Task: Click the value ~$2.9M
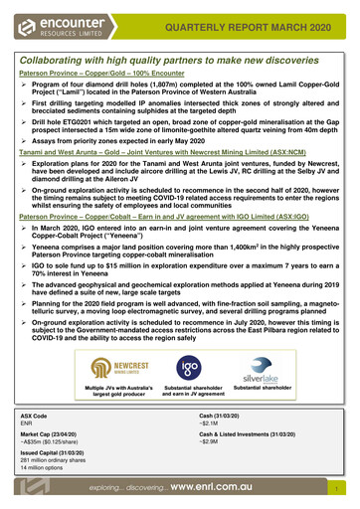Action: point(210,443)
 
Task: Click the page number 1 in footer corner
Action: point(338,491)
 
